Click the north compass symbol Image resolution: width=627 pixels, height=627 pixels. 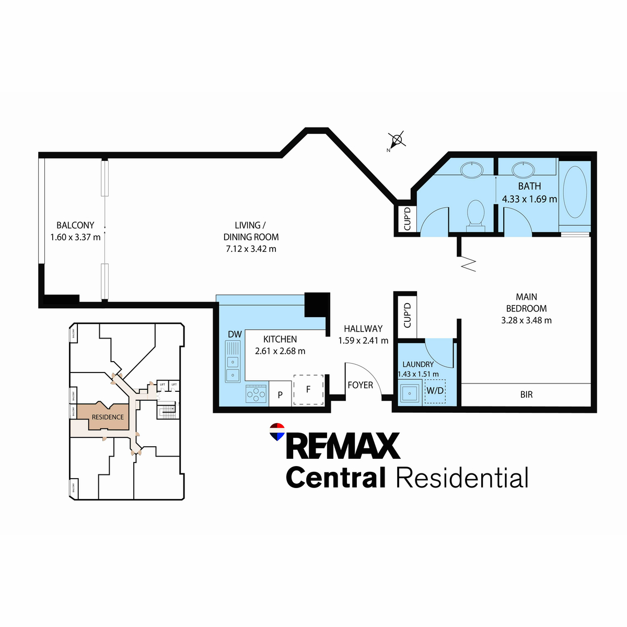[397, 140]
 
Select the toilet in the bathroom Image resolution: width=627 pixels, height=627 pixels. [475, 214]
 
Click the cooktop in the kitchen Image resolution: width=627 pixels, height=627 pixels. [256, 393]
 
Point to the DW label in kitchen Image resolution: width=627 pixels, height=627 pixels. [235, 334]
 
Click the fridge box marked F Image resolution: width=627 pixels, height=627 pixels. [308, 390]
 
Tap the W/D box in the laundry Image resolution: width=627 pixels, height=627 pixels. [435, 391]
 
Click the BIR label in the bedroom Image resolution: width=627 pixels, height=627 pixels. [526, 394]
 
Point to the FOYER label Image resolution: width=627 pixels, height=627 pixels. [361, 385]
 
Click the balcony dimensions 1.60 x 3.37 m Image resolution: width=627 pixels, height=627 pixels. [75, 237]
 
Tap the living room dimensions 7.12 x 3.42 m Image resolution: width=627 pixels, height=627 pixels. [251, 249]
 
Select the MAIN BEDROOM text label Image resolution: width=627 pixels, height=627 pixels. [526, 303]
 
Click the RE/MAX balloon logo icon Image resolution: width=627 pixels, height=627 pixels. [276, 432]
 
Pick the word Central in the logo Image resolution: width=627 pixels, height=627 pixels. [335, 478]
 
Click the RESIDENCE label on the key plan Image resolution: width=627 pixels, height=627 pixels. [108, 417]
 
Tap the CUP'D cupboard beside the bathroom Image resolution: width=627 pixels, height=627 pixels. [408, 218]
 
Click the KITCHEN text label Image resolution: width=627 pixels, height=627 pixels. [280, 339]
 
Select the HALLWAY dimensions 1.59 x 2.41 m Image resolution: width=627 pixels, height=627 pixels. [363, 341]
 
